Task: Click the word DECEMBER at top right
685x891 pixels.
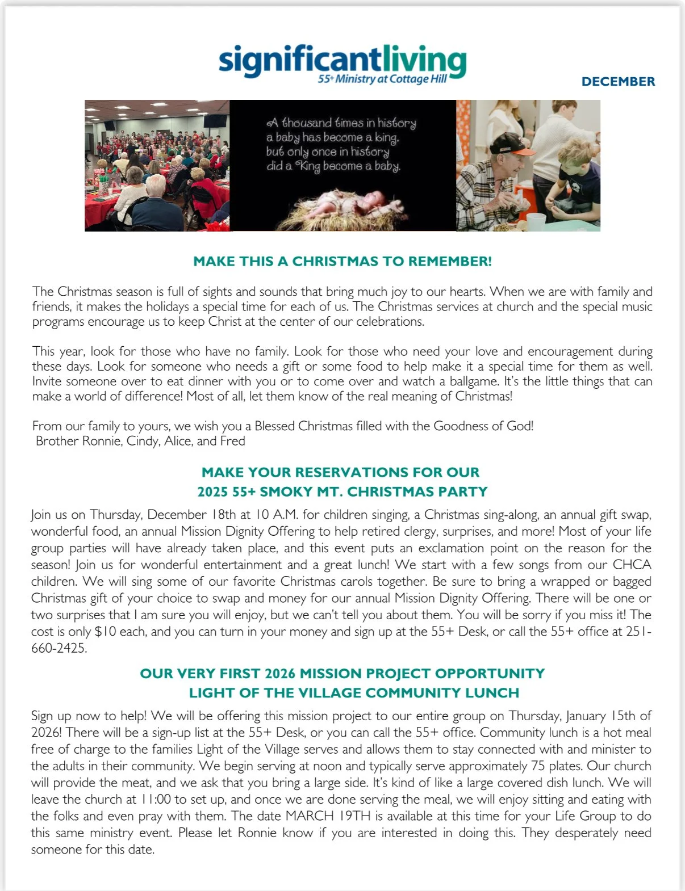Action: (618, 82)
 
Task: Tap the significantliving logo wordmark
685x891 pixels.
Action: (342, 60)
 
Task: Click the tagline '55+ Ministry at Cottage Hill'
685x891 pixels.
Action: (382, 79)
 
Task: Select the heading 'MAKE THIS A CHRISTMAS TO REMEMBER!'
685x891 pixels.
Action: (342, 262)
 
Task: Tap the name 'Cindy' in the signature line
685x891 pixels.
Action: (142, 441)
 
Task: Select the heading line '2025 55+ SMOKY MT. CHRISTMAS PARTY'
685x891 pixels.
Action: (342, 491)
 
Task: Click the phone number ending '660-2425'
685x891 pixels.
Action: (59, 648)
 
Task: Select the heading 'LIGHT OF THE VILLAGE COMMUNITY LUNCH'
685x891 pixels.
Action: (354, 693)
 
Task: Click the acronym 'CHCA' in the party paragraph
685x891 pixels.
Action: (632, 565)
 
